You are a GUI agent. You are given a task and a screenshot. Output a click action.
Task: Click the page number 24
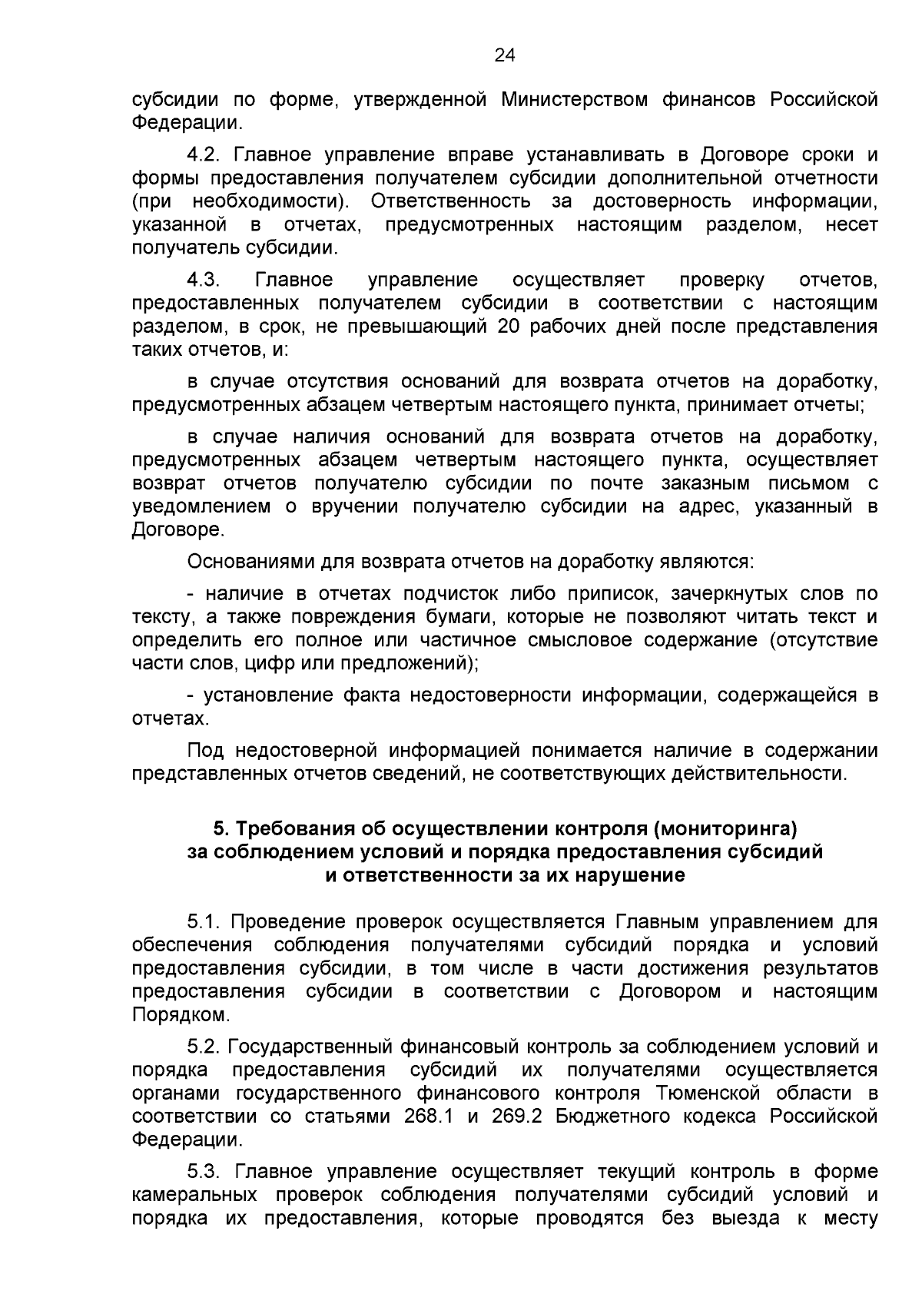505,55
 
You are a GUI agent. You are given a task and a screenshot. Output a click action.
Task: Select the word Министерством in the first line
575,100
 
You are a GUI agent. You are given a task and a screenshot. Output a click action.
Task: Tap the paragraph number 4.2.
204,155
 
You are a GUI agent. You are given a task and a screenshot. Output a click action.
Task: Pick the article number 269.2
517,1117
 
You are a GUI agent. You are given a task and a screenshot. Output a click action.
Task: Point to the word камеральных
195,1196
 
